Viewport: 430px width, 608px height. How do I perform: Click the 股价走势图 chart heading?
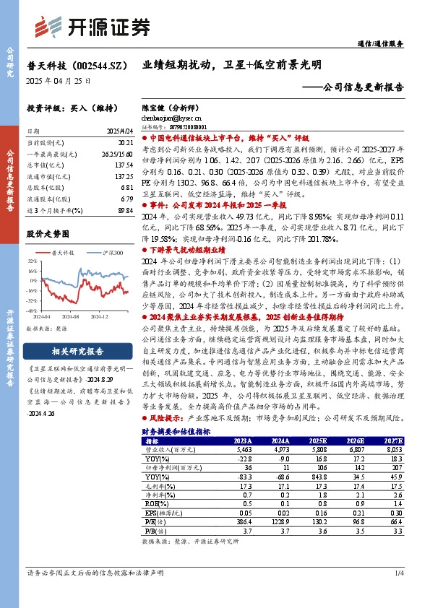(x=48, y=235)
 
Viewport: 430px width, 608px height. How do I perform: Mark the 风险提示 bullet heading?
(x=165, y=419)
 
